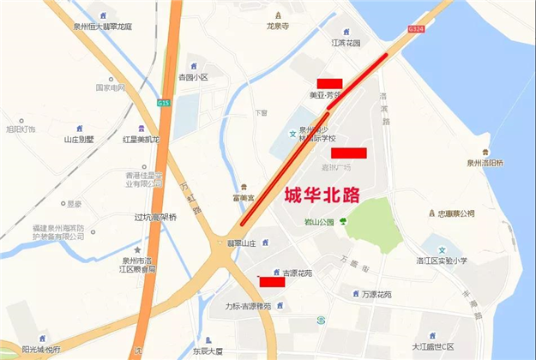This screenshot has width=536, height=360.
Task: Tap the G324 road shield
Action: [x=416, y=29]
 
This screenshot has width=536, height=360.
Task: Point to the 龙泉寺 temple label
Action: [x=279, y=27]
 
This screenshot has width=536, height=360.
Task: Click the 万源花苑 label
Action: [x=376, y=294]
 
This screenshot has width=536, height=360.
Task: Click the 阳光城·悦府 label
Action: [x=41, y=349]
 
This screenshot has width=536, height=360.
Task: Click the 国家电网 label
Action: [x=110, y=87]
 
